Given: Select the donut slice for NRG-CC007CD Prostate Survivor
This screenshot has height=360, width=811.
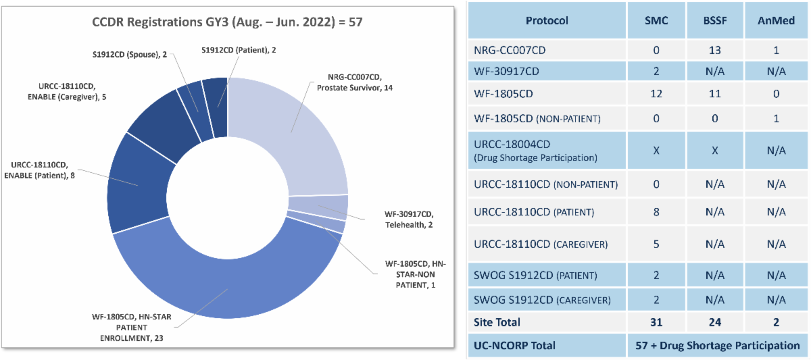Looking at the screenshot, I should pos(297,135).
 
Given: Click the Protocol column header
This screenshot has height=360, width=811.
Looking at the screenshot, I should pos(547,20).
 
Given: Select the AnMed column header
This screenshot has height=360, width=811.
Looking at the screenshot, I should pos(776,20).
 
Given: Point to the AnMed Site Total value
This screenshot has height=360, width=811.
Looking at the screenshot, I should pos(776,323).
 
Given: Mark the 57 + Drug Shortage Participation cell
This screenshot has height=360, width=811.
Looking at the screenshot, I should pos(717,345).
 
